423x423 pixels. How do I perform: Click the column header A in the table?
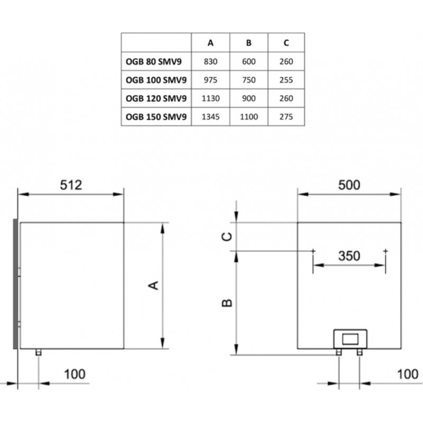(210, 43)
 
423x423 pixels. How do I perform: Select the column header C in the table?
(286, 43)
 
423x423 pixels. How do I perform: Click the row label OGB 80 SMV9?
(153, 61)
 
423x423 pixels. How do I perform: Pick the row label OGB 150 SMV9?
(156, 116)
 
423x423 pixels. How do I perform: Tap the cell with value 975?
(210, 80)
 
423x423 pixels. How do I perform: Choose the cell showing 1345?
(210, 116)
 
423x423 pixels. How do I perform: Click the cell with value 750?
(249, 80)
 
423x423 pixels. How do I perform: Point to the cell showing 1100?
(249, 116)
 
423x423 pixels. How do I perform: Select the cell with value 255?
(286, 80)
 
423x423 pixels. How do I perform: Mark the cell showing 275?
(286, 116)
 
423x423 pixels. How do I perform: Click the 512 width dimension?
(71, 185)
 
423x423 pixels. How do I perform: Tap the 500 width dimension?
(349, 185)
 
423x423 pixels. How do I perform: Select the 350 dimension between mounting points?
(349, 256)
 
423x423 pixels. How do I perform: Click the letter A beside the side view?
(153, 285)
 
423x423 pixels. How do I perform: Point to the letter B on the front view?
(227, 303)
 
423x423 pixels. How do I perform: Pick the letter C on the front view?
(227, 236)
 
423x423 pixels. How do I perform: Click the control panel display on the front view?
(350, 339)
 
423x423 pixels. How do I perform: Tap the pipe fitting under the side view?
(39, 352)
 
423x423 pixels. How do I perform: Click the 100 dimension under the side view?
(75, 374)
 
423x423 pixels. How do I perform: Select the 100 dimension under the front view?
(408, 374)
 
